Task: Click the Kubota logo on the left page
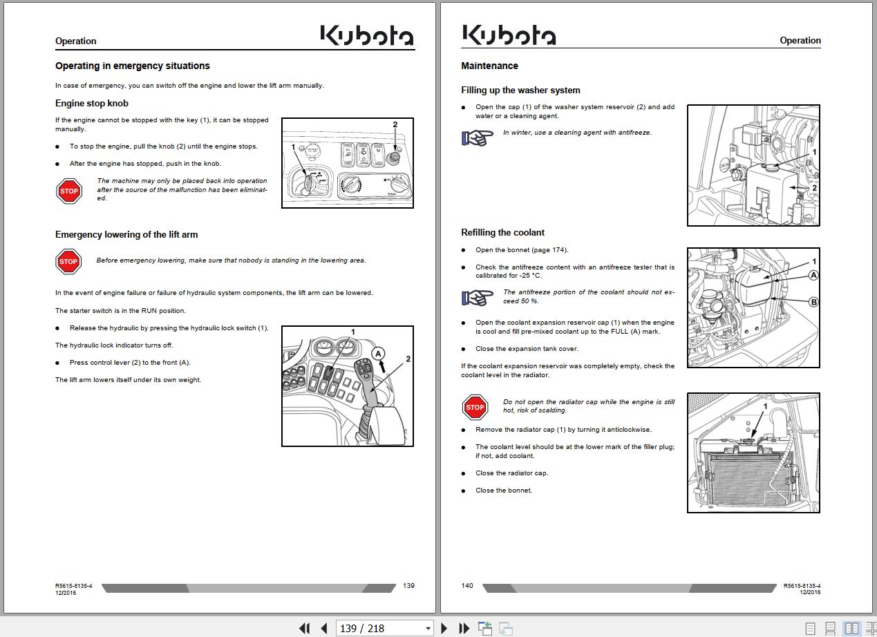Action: (x=367, y=35)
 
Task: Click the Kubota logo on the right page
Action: (x=509, y=35)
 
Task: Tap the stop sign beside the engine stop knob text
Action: (x=69, y=191)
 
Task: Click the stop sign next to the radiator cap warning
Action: (x=475, y=407)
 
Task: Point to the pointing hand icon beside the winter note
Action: (x=477, y=137)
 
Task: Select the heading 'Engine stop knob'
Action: (x=92, y=104)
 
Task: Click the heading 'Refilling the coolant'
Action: (x=502, y=233)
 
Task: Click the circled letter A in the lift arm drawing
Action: (x=378, y=354)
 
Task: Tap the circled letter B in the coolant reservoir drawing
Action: (x=813, y=302)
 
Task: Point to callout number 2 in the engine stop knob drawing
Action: (x=395, y=124)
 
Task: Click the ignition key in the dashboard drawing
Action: (x=308, y=182)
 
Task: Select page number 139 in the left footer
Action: (x=408, y=586)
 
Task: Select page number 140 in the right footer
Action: (x=467, y=586)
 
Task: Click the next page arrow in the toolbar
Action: (x=444, y=629)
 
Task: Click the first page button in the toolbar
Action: (x=304, y=629)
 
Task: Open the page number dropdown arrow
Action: (x=428, y=629)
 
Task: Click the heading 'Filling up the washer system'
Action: (x=520, y=90)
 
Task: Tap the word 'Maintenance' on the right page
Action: (x=489, y=66)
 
